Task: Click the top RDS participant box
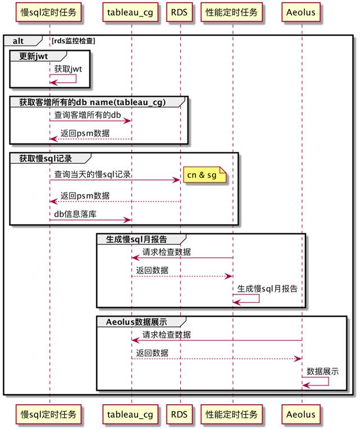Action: (x=179, y=12)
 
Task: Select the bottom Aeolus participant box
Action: (x=301, y=414)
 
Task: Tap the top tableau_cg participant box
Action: (x=130, y=12)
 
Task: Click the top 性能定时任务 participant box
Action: (x=232, y=12)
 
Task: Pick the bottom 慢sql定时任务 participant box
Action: (x=48, y=414)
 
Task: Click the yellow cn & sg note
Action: (x=205, y=175)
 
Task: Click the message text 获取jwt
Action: (x=68, y=69)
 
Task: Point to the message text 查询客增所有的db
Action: (x=88, y=115)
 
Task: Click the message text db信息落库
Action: (x=75, y=214)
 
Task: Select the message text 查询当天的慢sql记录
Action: (x=92, y=175)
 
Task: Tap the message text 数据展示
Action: (x=322, y=371)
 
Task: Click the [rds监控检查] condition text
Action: (x=73, y=41)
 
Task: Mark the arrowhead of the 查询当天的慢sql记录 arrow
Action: (x=177, y=180)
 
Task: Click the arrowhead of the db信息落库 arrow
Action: (x=128, y=220)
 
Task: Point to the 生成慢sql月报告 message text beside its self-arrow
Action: (x=267, y=289)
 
